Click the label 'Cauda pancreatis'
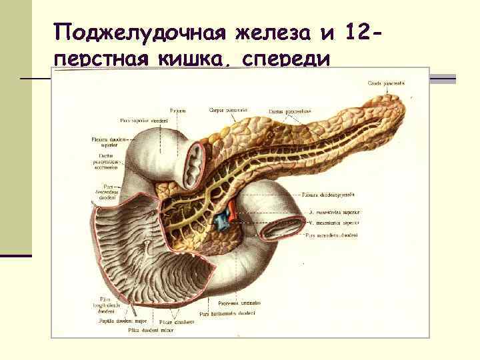pyautogui.click(x=386, y=83)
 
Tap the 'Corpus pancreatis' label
pyautogui.click(x=228, y=109)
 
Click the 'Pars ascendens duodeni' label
pyautogui.click(x=332, y=235)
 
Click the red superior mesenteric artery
pyautogui.click(x=231, y=209)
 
